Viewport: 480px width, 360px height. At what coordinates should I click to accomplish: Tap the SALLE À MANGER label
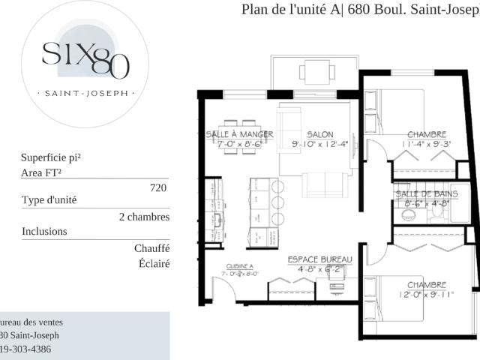tap(239, 134)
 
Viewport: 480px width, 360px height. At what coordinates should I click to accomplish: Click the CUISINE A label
tap(240, 266)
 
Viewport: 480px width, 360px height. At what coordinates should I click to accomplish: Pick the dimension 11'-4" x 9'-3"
tap(427, 144)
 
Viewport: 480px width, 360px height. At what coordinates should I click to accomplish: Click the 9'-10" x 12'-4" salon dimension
tap(319, 144)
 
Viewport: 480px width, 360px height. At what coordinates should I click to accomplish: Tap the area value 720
tap(158, 188)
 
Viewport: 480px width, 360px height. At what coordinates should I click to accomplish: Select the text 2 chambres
tap(144, 217)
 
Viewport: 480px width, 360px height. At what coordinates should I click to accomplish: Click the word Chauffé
tap(152, 248)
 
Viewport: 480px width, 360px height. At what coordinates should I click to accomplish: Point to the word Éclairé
tap(154, 263)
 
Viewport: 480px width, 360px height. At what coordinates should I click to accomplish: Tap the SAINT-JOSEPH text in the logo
tap(86, 94)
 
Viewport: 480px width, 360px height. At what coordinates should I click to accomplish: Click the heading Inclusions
tap(44, 232)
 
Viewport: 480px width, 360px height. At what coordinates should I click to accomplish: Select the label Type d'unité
tap(49, 200)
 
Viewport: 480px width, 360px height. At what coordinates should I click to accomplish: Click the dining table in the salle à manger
tap(239, 136)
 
